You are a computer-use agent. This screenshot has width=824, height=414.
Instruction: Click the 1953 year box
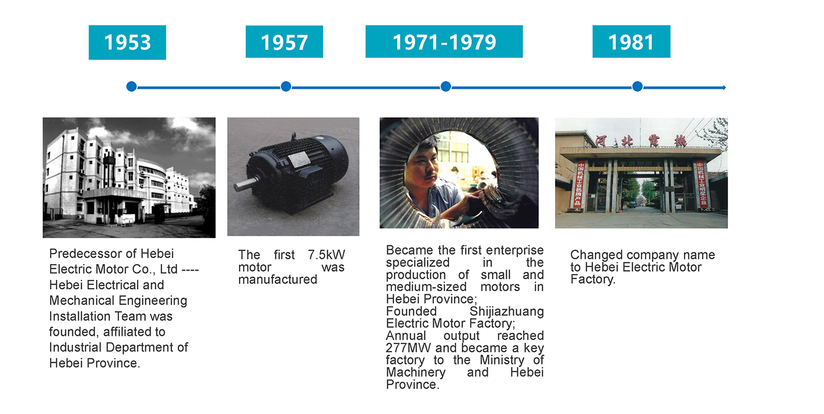(x=127, y=42)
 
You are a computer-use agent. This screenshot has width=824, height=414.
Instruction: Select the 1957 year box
(x=284, y=42)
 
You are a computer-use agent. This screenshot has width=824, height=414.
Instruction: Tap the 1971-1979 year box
(x=444, y=42)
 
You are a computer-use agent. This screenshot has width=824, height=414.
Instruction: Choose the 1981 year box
(x=631, y=42)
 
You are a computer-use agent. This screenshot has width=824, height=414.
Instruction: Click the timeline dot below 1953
(x=131, y=87)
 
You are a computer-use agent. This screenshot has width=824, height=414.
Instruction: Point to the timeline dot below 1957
(x=286, y=87)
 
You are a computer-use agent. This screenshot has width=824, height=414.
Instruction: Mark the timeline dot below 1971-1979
(x=446, y=87)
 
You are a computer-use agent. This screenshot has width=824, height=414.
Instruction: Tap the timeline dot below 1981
(x=637, y=87)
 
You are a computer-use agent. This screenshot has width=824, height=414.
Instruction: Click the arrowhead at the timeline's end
(x=724, y=88)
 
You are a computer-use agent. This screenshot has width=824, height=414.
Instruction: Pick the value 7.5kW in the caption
(x=327, y=255)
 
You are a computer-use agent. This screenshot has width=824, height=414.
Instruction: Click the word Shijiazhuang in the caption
(x=507, y=312)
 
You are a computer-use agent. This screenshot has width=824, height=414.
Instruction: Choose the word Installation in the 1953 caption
(x=79, y=316)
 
